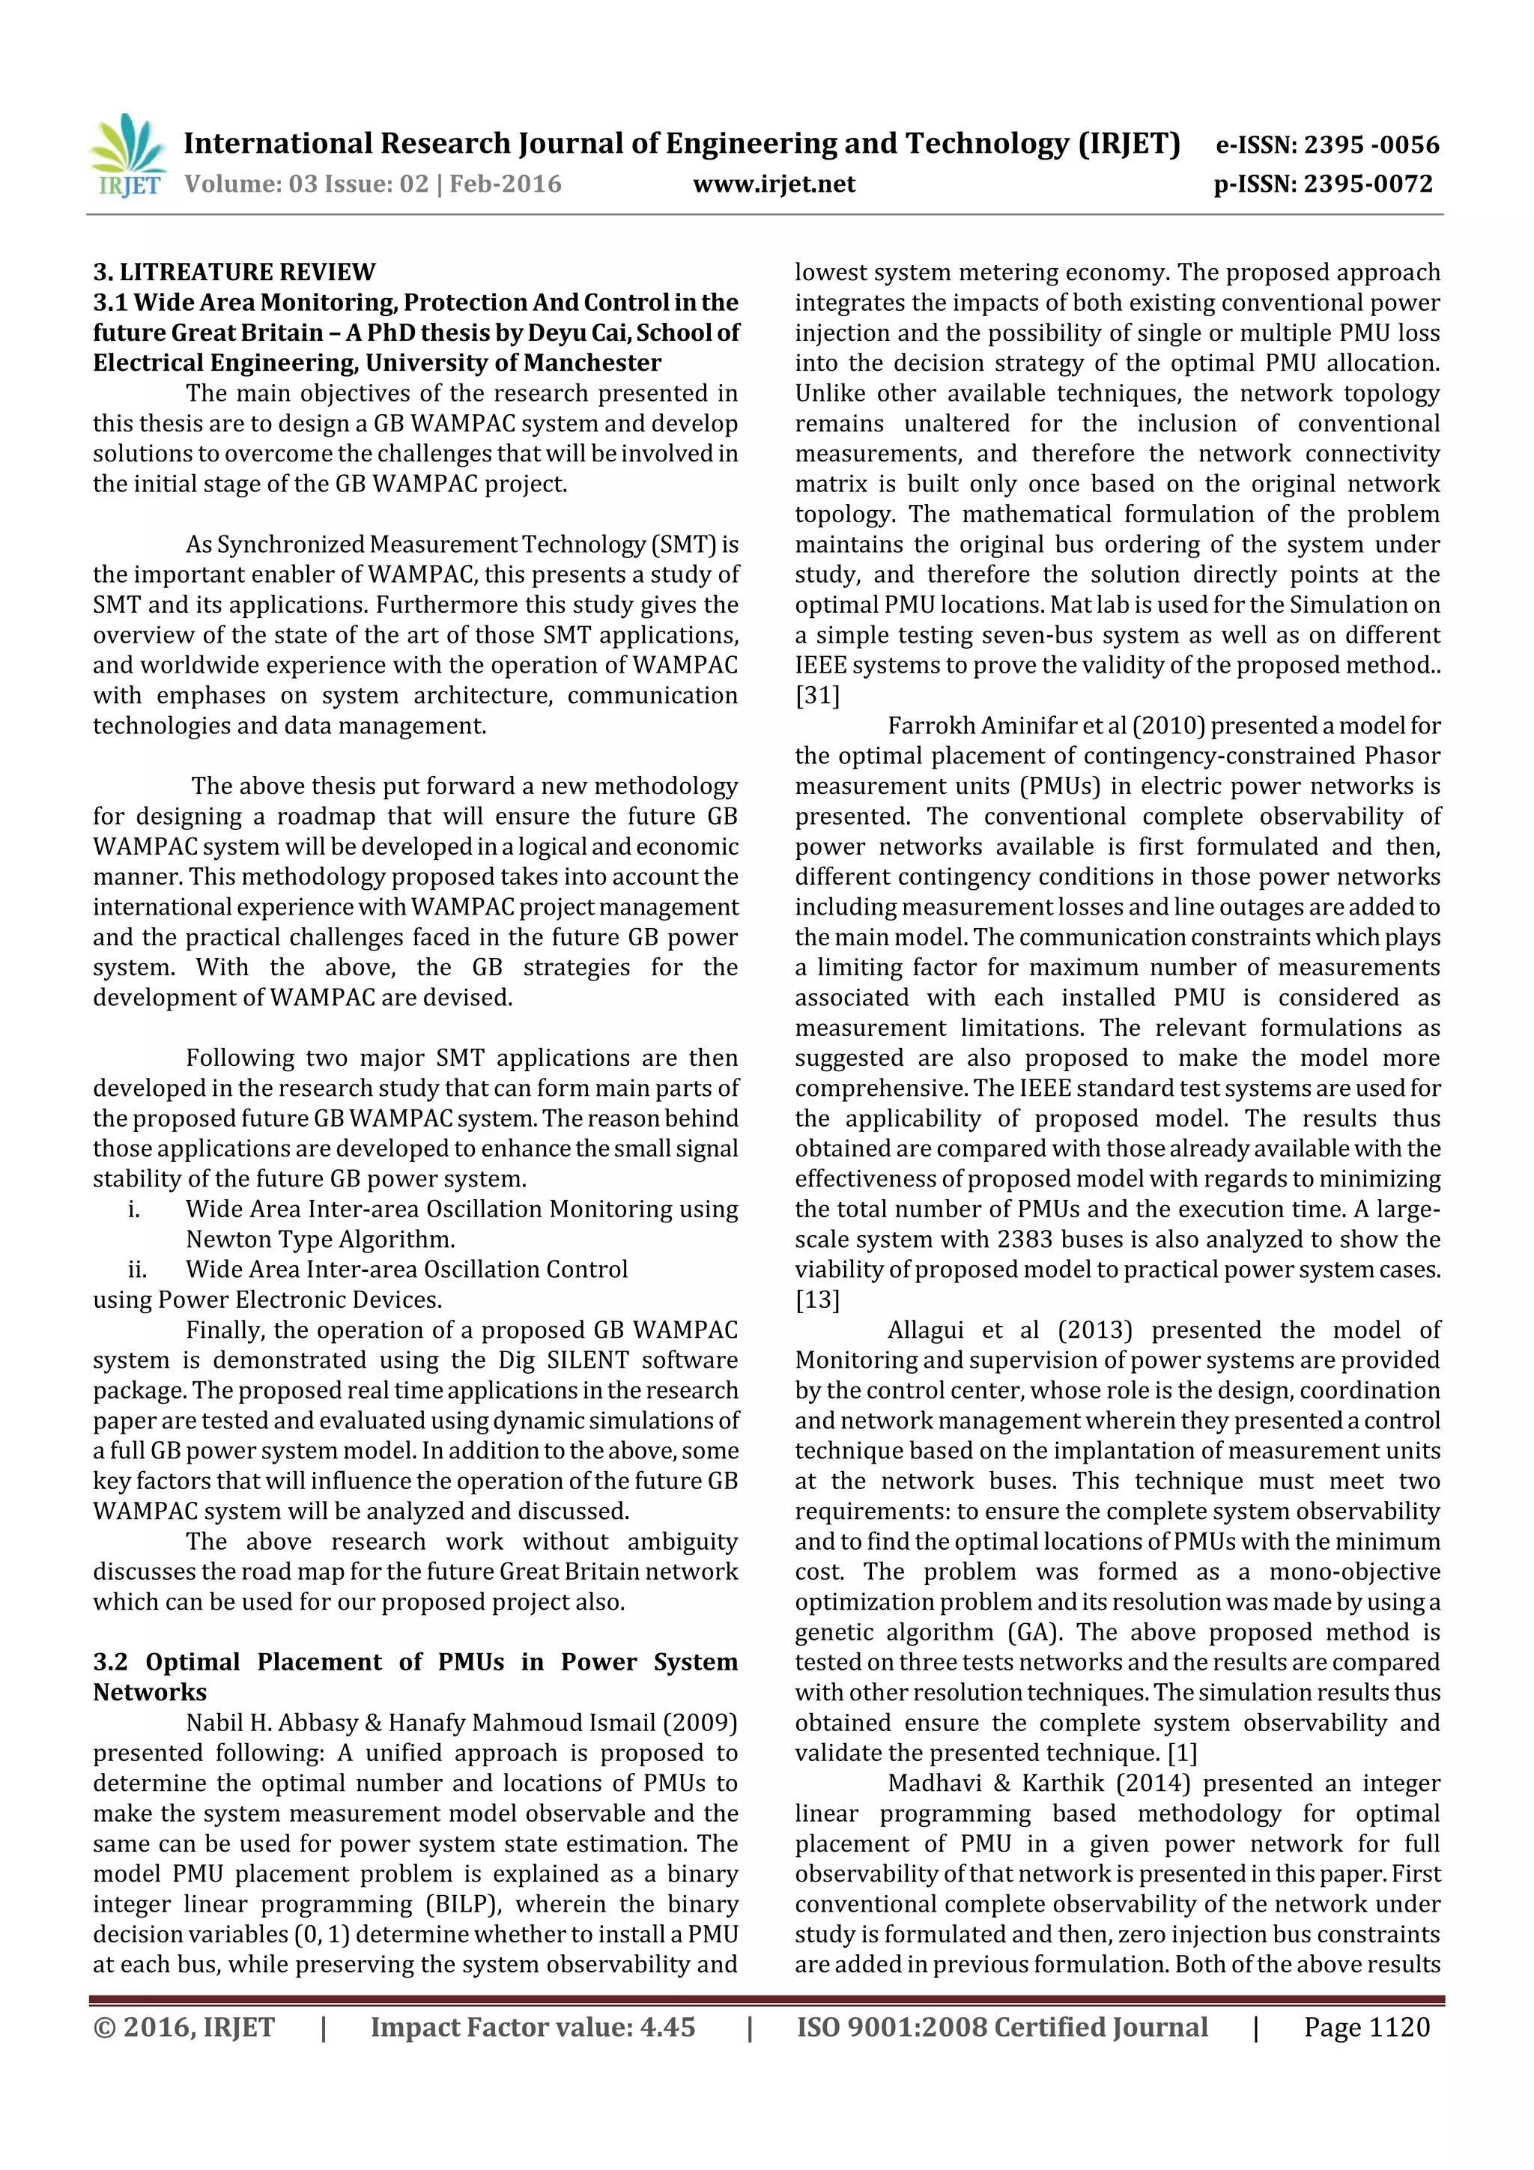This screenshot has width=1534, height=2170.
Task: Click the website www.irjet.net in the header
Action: point(773,184)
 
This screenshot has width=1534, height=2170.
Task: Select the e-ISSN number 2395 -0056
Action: point(1371,145)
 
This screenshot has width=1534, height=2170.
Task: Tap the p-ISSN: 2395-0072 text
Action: point(1324,184)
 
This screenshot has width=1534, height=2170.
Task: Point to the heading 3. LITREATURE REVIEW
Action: point(234,272)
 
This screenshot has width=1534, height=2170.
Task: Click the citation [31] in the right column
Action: point(816,696)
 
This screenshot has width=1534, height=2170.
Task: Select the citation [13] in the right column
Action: point(816,1300)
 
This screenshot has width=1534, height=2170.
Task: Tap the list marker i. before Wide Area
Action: point(133,1209)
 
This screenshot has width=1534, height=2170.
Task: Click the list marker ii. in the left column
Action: point(136,1270)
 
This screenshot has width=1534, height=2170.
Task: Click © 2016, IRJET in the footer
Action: point(184,2026)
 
